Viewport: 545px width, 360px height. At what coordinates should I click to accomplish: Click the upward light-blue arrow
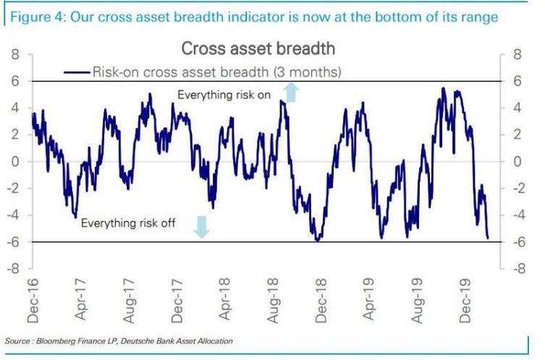[x=291, y=91]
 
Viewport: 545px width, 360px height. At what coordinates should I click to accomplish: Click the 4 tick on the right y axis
[x=517, y=108]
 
